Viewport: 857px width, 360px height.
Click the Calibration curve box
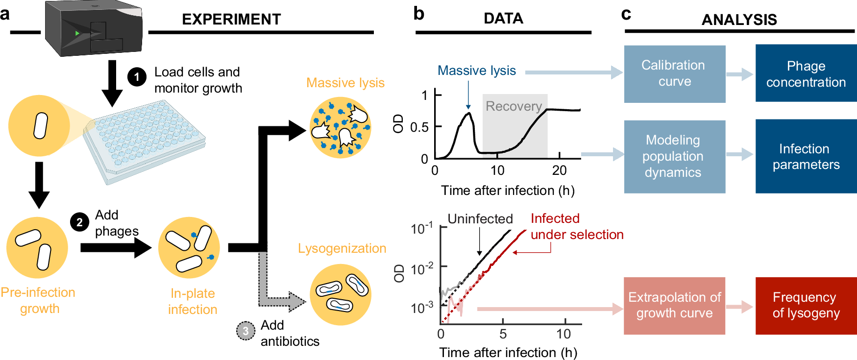[674, 74]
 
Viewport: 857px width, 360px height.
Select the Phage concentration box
[806, 73]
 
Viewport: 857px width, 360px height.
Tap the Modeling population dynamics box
[674, 156]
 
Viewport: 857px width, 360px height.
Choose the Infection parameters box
[806, 156]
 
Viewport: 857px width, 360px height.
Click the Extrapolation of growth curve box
[674, 305]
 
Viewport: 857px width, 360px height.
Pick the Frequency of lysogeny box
[806, 305]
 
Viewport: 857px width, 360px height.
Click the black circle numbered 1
[137, 77]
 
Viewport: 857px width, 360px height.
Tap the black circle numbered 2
[79, 222]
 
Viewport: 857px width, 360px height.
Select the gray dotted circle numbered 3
[245, 331]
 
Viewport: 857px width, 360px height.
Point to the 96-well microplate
[145, 139]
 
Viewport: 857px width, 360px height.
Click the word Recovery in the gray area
[514, 106]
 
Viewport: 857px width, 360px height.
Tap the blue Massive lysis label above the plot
[476, 71]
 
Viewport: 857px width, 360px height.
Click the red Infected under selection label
[577, 226]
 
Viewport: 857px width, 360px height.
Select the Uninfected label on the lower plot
[480, 219]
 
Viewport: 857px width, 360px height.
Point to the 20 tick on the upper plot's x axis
[560, 170]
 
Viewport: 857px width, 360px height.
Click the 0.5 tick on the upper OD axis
[419, 127]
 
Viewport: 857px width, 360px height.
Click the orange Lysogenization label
[342, 248]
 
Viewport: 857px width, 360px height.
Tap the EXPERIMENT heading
[231, 19]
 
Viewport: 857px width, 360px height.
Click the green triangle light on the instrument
[77, 33]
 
